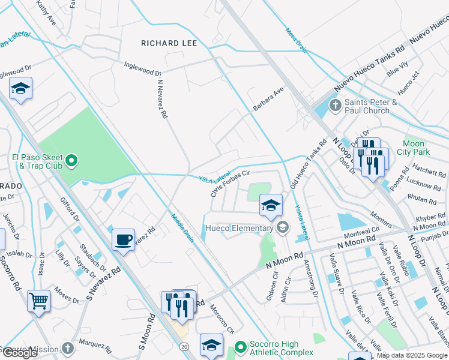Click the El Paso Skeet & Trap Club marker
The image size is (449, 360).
[x=71, y=161]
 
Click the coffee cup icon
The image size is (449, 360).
[x=124, y=239]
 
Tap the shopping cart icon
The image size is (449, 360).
[x=39, y=299]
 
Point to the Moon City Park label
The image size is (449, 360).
[x=414, y=148]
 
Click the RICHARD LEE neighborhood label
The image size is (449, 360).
[x=169, y=43]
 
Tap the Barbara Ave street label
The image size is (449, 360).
[x=267, y=97]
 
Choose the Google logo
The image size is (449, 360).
[x=20, y=353]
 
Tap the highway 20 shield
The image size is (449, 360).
[x=184, y=346]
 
